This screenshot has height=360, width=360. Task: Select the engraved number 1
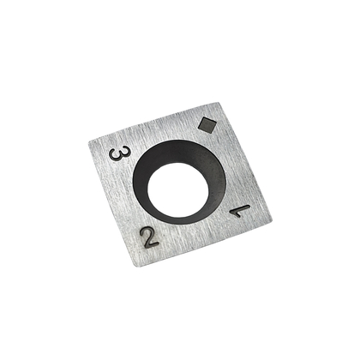(x=240, y=208)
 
